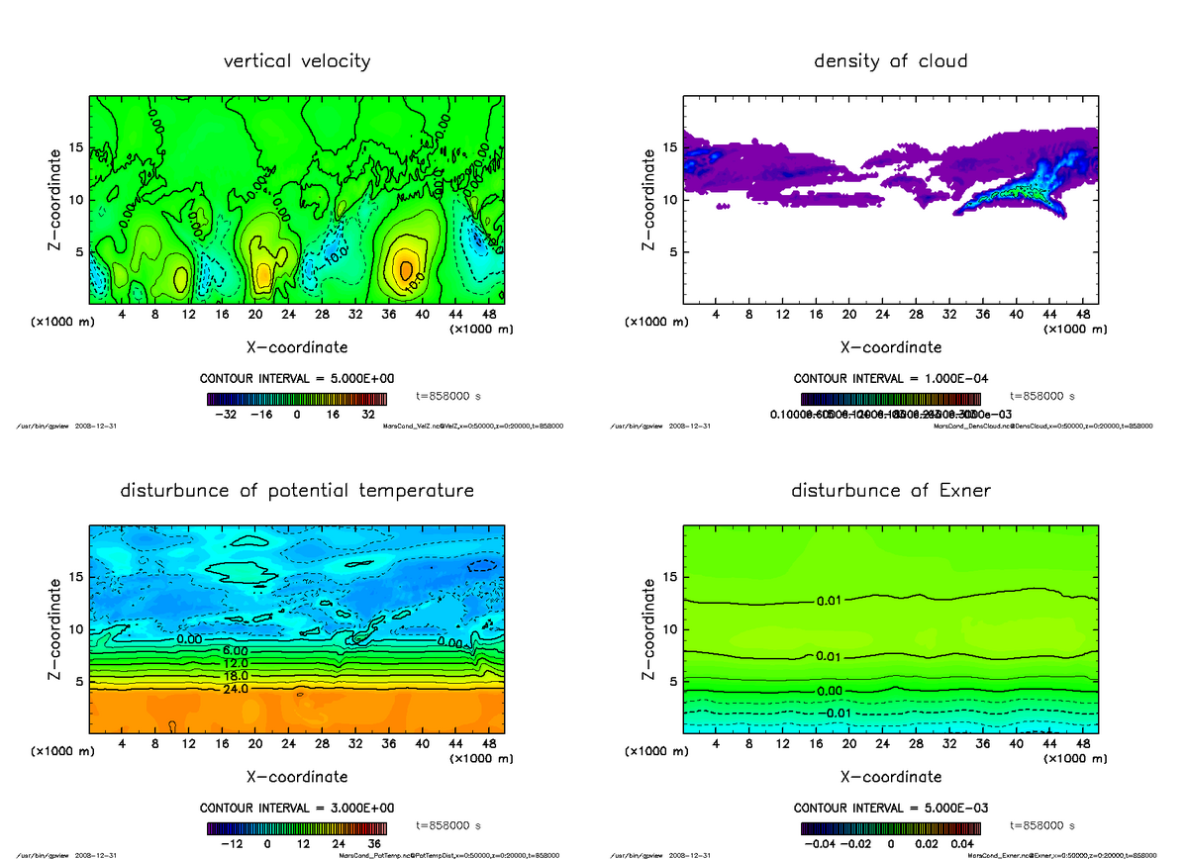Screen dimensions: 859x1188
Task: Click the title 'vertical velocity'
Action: coord(297,61)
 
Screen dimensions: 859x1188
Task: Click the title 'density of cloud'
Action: coord(890,61)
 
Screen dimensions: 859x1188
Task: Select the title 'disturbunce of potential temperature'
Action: coord(297,491)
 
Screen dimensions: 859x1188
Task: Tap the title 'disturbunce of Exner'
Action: coord(890,491)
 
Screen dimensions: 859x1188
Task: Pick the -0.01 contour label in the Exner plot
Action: coord(838,713)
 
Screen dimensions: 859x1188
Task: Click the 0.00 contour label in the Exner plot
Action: coord(830,691)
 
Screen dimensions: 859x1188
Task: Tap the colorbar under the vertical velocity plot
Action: coord(297,400)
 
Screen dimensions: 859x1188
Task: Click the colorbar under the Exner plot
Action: coord(890,829)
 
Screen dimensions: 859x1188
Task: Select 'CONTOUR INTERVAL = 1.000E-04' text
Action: coord(890,379)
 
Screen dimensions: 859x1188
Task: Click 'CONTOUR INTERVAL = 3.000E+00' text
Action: coord(297,809)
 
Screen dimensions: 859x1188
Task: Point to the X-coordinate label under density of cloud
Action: coord(890,347)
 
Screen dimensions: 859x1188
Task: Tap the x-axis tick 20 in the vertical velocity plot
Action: coord(255,315)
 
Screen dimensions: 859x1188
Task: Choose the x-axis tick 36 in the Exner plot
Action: coord(982,744)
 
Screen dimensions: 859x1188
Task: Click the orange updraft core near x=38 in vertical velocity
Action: coord(406,269)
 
